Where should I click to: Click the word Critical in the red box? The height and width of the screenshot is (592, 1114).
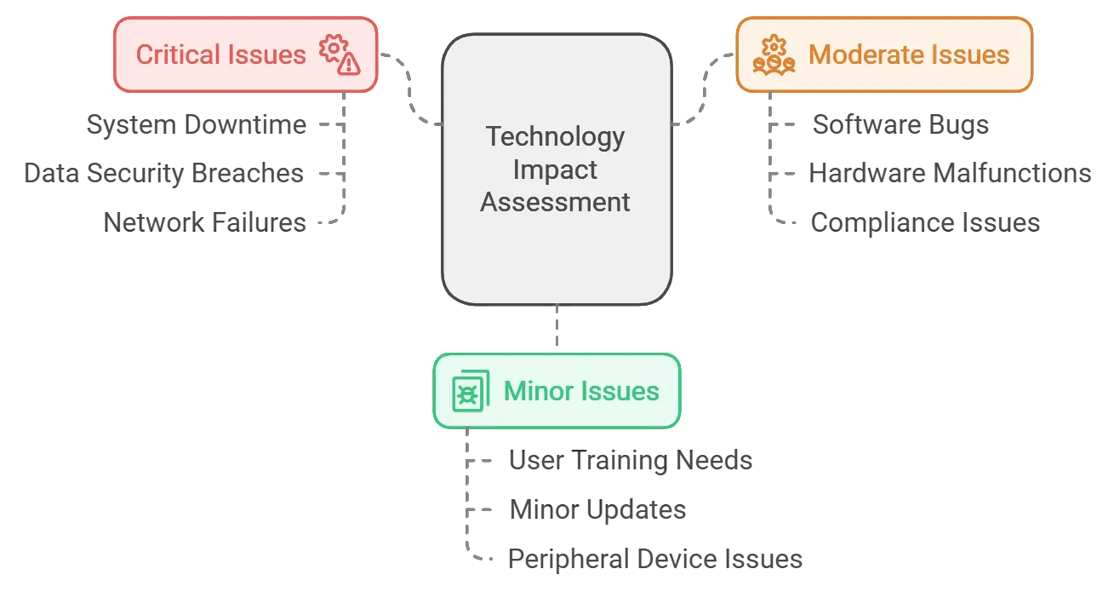[174, 55]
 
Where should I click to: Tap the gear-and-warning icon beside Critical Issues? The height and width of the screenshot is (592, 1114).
[340, 55]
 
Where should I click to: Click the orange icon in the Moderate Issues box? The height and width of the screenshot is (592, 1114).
[774, 55]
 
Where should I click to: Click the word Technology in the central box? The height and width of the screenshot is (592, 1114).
[555, 136]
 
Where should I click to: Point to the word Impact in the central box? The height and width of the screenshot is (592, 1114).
[555, 170]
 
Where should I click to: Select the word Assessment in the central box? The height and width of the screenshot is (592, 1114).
[555, 203]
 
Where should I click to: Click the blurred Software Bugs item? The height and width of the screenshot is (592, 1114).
[901, 125]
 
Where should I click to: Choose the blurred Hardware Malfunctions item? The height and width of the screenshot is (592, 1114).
[952, 172]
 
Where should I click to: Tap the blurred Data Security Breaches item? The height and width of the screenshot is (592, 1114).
[163, 172]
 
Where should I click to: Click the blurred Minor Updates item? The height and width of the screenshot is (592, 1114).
[598, 512]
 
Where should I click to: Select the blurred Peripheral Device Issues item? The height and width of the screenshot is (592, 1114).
[653, 560]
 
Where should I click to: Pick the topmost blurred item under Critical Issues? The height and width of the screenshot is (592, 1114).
[194, 125]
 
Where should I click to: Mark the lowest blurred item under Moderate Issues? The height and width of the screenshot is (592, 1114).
[925, 221]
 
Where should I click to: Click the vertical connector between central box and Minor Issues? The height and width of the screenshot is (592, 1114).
[555, 329]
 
